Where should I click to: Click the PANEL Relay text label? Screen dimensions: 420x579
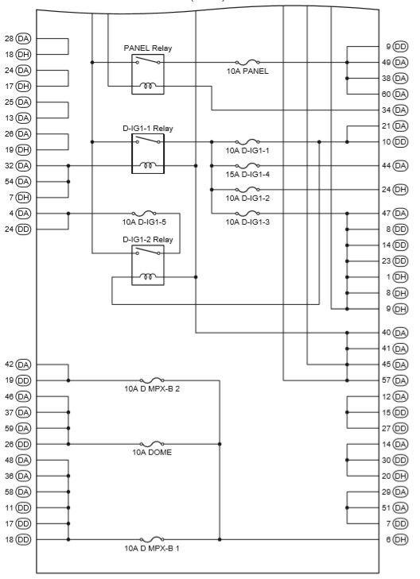[147, 48]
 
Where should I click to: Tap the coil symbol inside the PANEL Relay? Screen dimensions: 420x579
[148, 86]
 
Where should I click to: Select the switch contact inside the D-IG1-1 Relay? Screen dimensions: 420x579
[148, 140]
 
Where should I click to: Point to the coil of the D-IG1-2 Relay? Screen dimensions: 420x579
[148, 276]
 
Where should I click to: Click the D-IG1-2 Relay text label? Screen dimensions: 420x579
[147, 239]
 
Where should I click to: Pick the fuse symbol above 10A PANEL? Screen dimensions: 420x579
[247, 62]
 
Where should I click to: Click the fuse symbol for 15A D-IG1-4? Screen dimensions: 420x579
[247, 165]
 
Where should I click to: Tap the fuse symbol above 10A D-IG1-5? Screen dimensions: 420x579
[144, 213]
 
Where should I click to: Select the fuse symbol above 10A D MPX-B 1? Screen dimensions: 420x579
[152, 538]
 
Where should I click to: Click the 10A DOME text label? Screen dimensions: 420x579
[152, 453]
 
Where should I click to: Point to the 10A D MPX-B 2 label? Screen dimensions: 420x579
[152, 389]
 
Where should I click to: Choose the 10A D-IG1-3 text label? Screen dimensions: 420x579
[247, 222]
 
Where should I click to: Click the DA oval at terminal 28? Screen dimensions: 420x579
[23, 38]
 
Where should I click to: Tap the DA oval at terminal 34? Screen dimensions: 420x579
[400, 110]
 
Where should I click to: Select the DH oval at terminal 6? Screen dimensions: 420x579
[400, 539]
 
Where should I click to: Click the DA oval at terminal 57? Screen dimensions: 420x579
[400, 380]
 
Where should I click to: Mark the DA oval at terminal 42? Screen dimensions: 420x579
[23, 365]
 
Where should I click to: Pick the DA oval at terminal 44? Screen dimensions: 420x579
[400, 166]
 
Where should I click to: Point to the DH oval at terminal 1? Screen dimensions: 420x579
[400, 277]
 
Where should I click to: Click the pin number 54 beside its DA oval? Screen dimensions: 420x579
[10, 182]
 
